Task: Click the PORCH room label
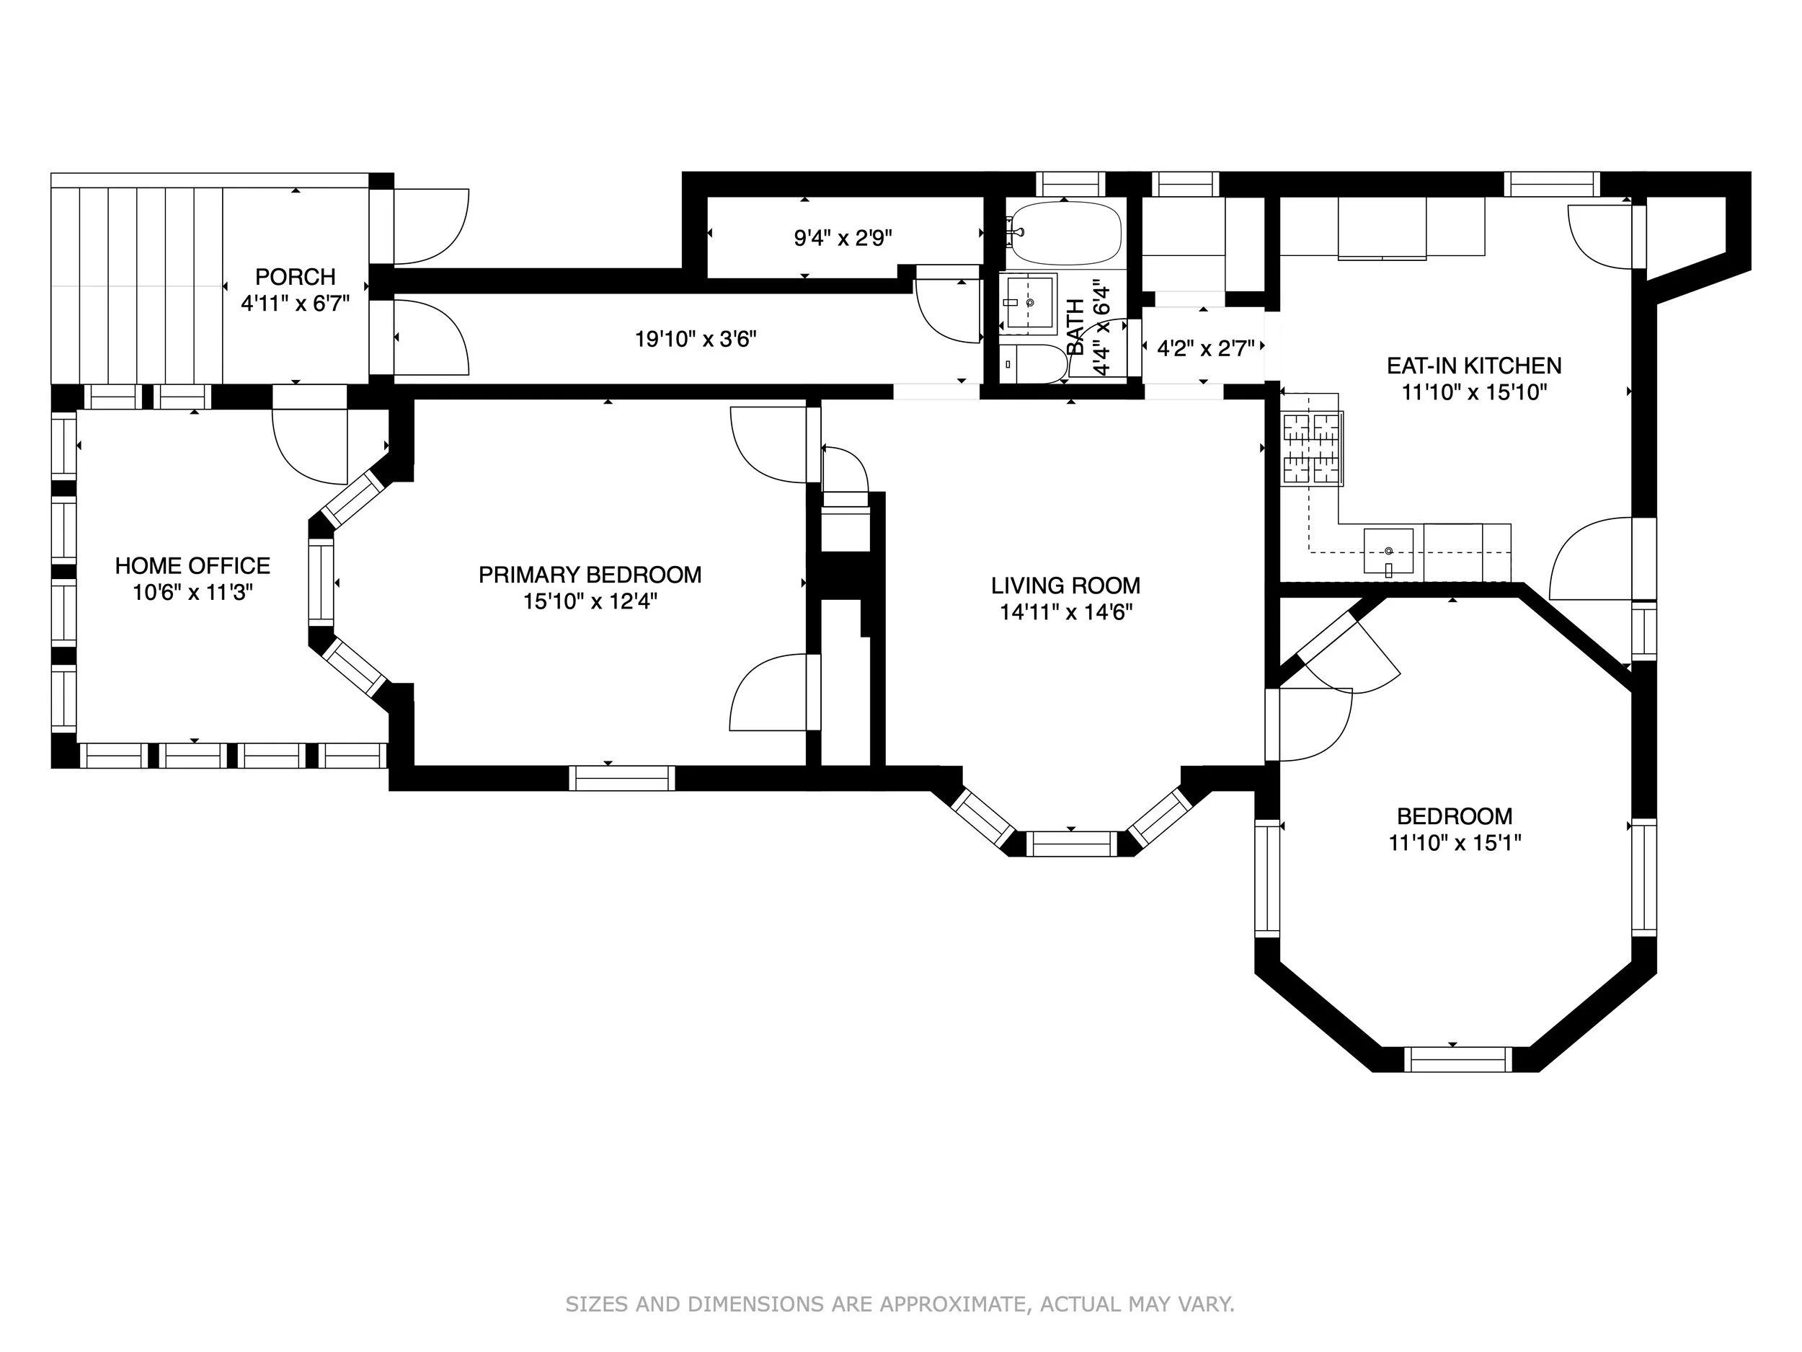pos(295,276)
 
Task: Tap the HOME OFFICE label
pos(192,565)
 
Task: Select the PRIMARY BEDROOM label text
pos(590,575)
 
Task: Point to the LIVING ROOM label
pos(1065,585)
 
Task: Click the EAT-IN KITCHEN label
pos(1474,366)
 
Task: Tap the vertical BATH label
pos(1076,327)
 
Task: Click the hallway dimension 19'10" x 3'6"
pos(696,339)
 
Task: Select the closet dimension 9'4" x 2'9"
pos(843,238)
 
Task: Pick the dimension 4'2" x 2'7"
pos(1206,349)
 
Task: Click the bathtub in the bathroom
pos(1064,233)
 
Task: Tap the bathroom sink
pos(1028,301)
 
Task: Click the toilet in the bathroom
pos(1033,363)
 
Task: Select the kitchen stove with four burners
pos(1313,450)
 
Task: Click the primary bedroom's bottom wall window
pos(622,778)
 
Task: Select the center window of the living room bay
pos(1071,844)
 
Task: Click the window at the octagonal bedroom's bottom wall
pos(1458,1059)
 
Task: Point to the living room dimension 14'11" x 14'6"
pos(1066,612)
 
